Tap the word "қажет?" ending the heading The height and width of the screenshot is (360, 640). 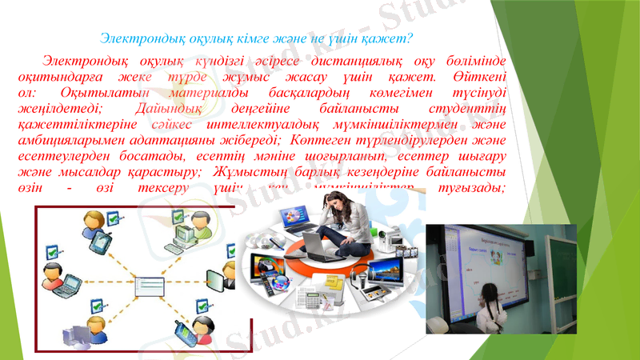click(x=389, y=38)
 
